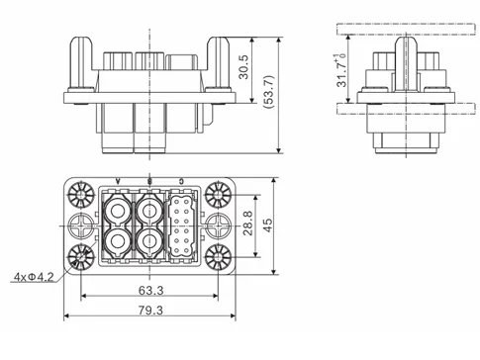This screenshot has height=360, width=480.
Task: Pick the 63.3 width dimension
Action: point(150,290)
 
